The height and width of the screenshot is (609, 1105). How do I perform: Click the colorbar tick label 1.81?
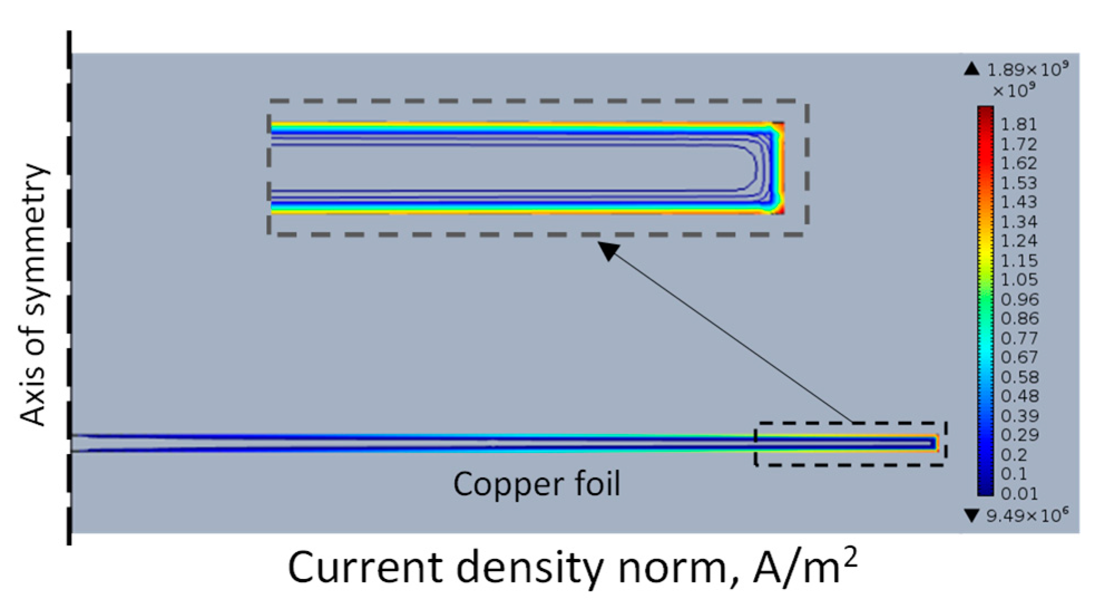click(x=1019, y=124)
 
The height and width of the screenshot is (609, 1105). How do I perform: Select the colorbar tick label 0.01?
click(x=1019, y=494)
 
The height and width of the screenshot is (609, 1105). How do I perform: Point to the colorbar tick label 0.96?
click(x=1019, y=300)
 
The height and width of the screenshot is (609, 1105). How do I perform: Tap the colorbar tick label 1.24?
click(x=1019, y=241)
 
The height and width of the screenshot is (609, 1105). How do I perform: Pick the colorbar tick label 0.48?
click(x=1019, y=397)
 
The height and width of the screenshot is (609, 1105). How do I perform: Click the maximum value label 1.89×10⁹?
click(x=1027, y=70)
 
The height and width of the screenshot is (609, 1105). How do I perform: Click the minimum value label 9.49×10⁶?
click(x=1027, y=516)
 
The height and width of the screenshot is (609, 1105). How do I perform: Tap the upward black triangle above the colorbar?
click(x=971, y=69)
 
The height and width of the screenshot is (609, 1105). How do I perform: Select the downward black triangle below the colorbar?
click(x=971, y=515)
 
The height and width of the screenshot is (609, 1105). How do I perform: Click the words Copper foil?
click(x=536, y=484)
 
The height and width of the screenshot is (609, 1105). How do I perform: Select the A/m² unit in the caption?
click(x=804, y=567)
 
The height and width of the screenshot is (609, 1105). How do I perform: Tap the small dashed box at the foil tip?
click(x=850, y=444)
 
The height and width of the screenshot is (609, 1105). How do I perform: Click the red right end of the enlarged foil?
click(x=780, y=167)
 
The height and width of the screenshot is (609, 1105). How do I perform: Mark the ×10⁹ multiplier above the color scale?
click(x=1014, y=90)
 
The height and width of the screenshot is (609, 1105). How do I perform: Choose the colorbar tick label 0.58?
click(x=1019, y=377)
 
